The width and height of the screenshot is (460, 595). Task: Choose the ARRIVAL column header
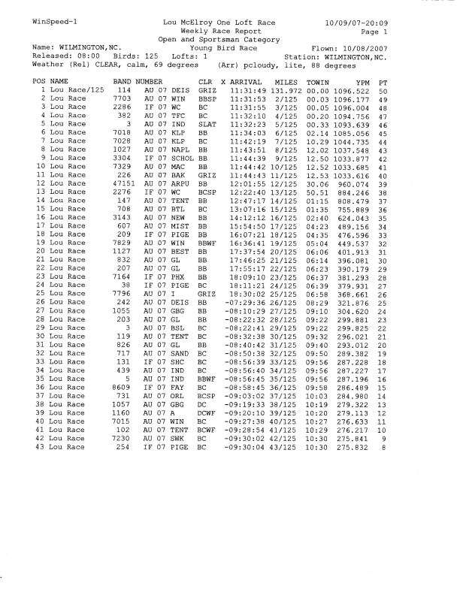point(245,80)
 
